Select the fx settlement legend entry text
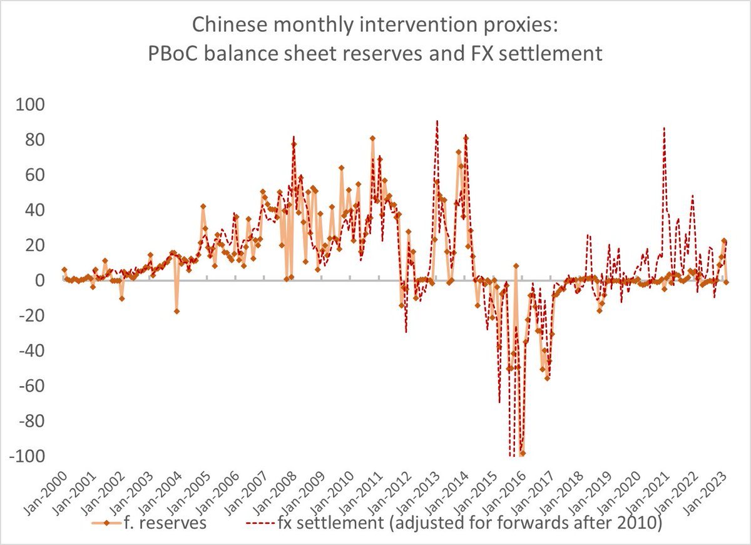point(469,523)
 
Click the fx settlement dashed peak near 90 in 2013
point(437,121)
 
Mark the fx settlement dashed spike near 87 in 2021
point(664,128)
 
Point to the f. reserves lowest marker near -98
point(523,453)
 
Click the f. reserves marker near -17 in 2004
point(177,311)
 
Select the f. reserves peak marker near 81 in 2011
point(372,138)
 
